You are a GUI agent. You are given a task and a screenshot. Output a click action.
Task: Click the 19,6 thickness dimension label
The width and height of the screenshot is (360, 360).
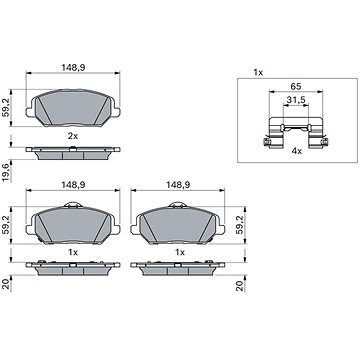coord(7,171)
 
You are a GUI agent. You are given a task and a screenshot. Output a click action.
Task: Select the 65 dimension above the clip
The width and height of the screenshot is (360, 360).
coord(295,86)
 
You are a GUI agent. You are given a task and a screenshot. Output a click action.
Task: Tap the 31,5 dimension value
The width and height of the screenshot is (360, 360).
coord(296,99)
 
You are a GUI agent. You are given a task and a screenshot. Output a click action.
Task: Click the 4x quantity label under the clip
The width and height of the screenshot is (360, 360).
coord(297,151)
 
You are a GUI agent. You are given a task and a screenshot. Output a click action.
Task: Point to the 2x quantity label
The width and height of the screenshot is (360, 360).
coord(73,136)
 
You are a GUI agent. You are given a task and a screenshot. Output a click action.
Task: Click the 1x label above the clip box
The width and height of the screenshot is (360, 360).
coord(258,72)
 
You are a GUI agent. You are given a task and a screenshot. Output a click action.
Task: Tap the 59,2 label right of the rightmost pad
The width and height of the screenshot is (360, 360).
coord(240,225)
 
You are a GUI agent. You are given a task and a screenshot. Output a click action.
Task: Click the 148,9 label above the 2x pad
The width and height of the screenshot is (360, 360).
coord(73,67)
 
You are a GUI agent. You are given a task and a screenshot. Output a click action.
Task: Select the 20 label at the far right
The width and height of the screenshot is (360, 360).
coord(240,286)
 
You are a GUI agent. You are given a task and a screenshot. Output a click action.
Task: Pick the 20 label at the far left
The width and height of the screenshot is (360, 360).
coord(7,286)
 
